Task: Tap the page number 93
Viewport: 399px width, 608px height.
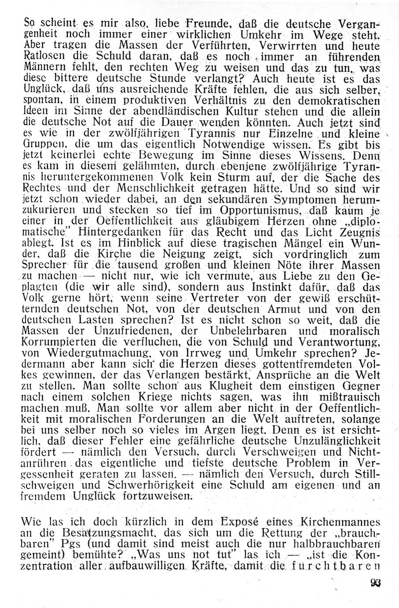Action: (x=376, y=583)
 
